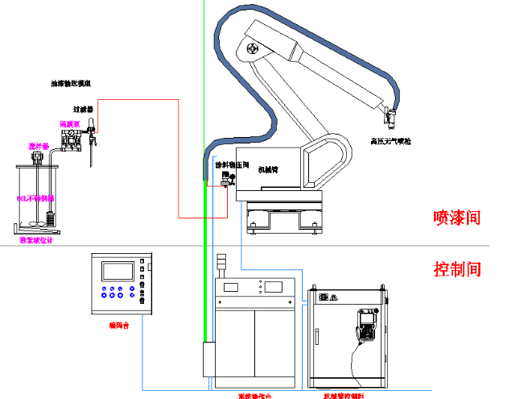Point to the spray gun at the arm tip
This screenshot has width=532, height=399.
point(391,118)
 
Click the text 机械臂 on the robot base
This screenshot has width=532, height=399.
point(267,170)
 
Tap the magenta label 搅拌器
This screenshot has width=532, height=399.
point(39,146)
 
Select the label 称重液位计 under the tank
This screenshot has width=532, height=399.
point(35,240)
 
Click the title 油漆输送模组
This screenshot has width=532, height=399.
point(71,83)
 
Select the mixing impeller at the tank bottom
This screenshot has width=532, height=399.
point(35,223)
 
